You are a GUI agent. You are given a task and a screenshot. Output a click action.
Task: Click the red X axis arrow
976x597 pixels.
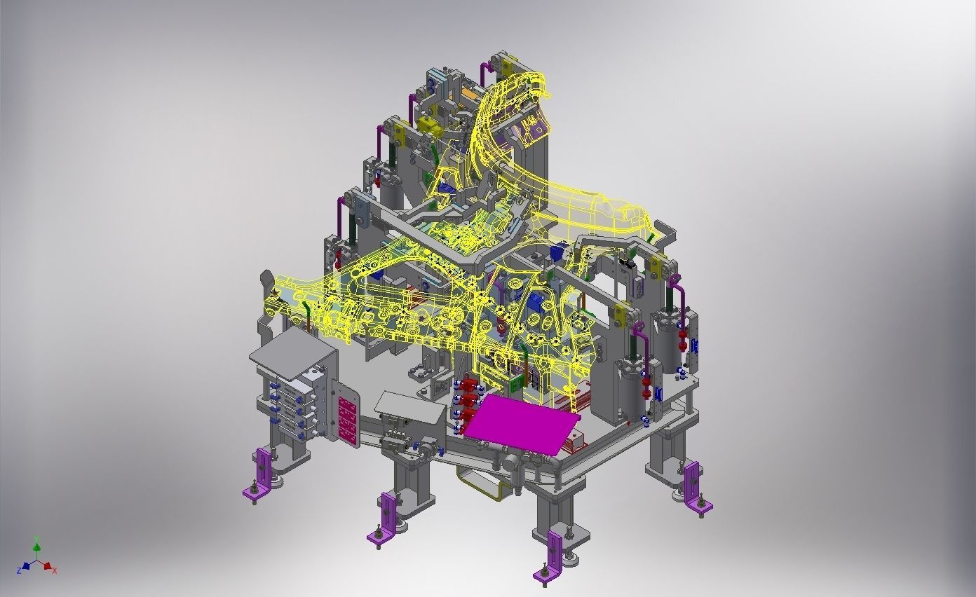pos(47,566)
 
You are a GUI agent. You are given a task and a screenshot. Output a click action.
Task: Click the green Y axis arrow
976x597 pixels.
pos(37,549)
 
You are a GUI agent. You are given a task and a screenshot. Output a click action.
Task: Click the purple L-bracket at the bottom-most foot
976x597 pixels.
pos(550,556)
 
